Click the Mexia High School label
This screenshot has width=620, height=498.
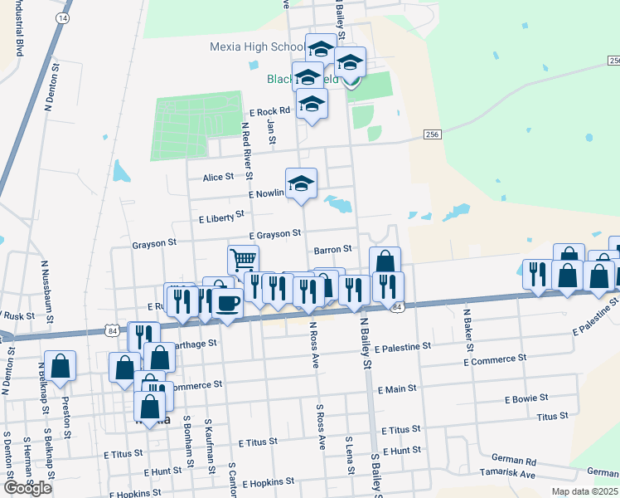coord(257,47)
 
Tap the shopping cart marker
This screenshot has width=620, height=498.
coord(243,259)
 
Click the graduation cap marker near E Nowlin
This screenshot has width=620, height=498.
coord(301,183)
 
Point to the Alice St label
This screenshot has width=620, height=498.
coord(219,178)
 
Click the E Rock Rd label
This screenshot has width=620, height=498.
coord(269,111)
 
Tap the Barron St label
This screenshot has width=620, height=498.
coord(333,249)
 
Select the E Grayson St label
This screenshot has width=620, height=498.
coord(273,235)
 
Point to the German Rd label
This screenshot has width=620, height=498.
coord(514,460)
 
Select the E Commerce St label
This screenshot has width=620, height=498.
coord(495,361)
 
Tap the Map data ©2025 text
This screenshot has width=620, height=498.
coord(584,491)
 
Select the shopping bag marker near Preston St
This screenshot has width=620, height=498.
coord(61,365)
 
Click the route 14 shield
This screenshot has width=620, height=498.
coord(65,17)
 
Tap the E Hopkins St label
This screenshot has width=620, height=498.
coord(267,482)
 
